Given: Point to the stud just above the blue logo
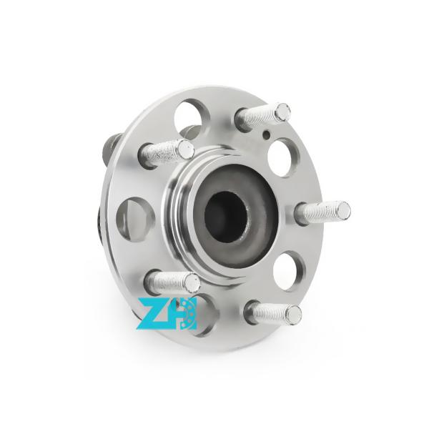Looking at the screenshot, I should coord(172,280).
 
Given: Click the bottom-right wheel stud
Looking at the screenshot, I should coord(273,312).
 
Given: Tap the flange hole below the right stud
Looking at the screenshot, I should coord(290,270).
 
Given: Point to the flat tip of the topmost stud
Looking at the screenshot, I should coord(283,111).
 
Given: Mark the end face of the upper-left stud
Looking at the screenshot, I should coord(186,149).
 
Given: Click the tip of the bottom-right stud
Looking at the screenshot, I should coord(293,312).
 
